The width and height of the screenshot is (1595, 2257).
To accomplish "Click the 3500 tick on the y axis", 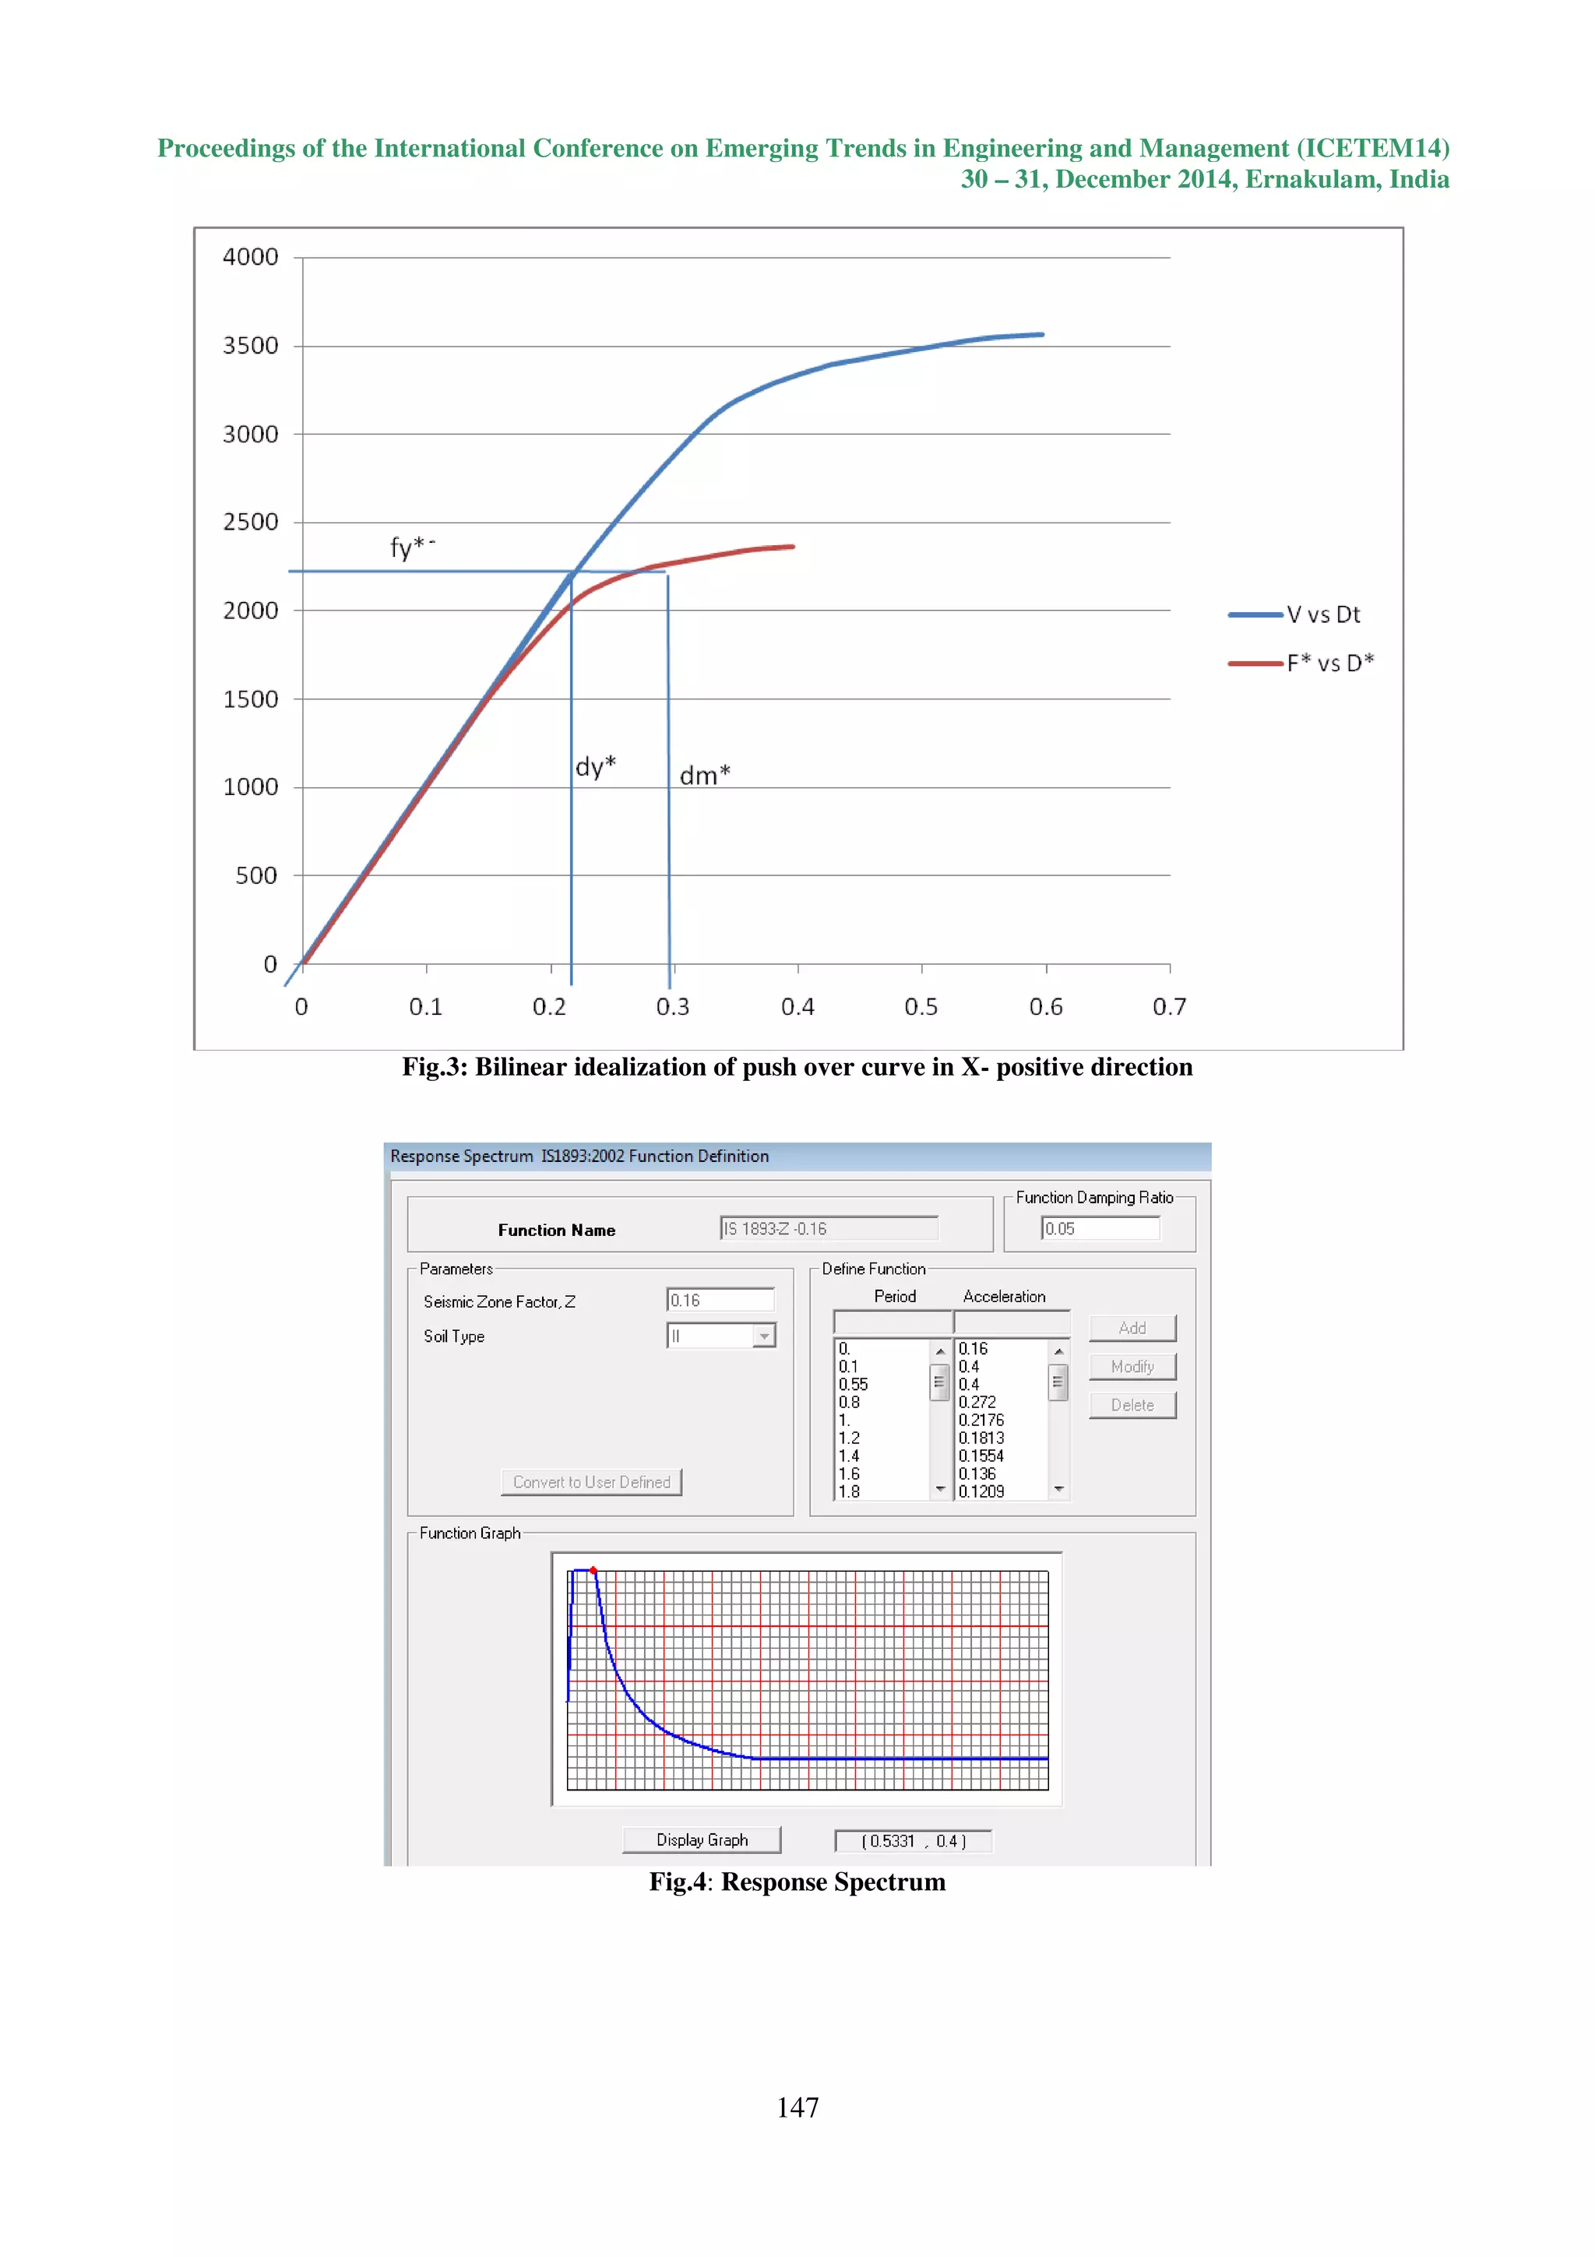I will click(x=251, y=346).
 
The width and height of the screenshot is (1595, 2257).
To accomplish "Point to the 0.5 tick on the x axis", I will click(x=921, y=1006).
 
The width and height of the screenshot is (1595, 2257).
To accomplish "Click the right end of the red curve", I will click(x=792, y=547).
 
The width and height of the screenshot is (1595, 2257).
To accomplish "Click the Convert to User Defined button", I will click(x=592, y=1481).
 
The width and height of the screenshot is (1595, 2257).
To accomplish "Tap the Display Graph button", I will click(x=702, y=1840).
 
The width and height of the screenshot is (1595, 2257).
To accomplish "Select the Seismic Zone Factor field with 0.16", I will click(x=720, y=1300).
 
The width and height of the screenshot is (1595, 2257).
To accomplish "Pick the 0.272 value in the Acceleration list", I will click(x=977, y=1402).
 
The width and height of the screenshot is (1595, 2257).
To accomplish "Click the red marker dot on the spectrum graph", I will click(x=593, y=1570).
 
